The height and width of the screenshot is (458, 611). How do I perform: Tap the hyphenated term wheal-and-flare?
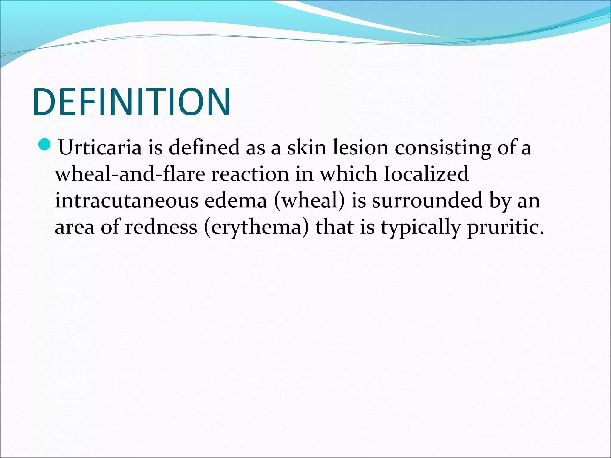pyautogui.click(x=130, y=174)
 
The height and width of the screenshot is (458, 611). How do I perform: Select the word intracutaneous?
pyautogui.click(x=126, y=200)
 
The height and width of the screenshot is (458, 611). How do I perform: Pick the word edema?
pyautogui.click(x=235, y=200)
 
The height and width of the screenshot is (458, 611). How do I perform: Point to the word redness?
pyautogui.click(x=161, y=227)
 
